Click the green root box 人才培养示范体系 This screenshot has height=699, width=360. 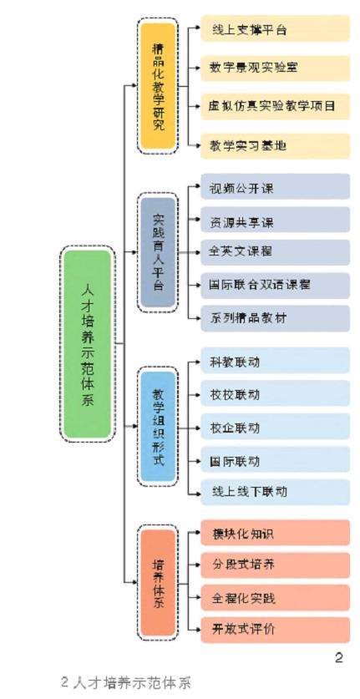(x=86, y=343)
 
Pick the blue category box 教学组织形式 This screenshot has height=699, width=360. (x=158, y=427)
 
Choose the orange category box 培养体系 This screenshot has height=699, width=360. (x=158, y=581)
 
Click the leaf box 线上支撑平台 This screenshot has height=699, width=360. (x=274, y=30)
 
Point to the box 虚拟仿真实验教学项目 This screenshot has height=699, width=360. (x=274, y=107)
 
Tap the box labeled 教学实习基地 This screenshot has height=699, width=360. (x=274, y=145)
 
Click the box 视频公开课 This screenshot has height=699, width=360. (x=274, y=188)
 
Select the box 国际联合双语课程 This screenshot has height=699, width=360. (x=274, y=285)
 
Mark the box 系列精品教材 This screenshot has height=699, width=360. (x=274, y=318)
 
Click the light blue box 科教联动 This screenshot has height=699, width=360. (x=274, y=362)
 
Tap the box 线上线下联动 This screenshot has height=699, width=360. (x=274, y=492)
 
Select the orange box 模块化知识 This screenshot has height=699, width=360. (x=274, y=533)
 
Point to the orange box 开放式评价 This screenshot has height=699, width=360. (x=274, y=628)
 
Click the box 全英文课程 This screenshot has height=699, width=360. (x=274, y=251)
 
